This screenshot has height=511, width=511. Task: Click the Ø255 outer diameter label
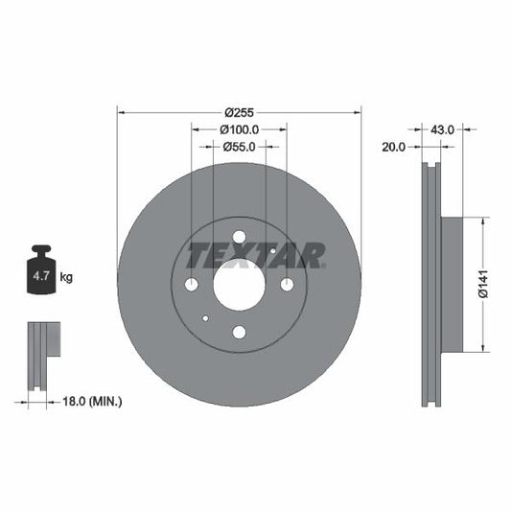(239, 112)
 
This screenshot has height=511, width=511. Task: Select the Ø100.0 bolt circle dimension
(239, 129)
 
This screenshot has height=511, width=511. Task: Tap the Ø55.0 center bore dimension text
(239, 147)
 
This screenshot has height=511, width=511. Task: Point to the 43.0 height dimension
(442, 128)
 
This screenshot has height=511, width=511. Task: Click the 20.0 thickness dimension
(394, 148)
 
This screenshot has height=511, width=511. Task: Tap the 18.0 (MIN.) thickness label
(91, 402)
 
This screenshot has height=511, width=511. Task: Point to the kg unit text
(66, 278)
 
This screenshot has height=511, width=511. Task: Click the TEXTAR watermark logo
(255, 256)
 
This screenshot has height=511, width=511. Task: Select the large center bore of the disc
(239, 285)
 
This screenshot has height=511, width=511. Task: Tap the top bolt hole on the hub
(239, 237)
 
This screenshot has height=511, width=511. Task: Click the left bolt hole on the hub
(191, 285)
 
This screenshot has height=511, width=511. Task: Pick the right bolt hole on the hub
(287, 285)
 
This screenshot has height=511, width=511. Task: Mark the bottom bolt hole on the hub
(239, 332)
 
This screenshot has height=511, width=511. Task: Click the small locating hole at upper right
(273, 251)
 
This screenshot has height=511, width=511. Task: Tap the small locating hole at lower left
(205, 318)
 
